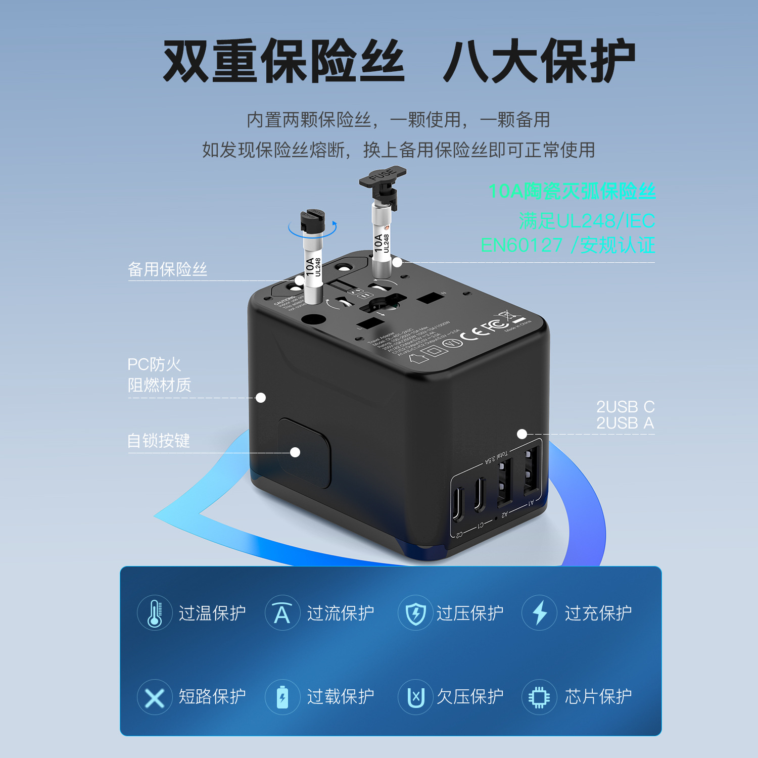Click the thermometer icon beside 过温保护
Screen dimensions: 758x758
click(x=155, y=612)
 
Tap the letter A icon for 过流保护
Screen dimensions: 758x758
click(x=282, y=613)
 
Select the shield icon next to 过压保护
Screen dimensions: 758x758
click(x=415, y=613)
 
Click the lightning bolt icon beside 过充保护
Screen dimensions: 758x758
click(x=539, y=612)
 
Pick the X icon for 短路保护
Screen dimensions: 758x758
click(x=155, y=697)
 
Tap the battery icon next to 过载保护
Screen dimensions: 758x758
click(x=282, y=697)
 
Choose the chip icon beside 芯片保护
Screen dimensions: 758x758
click(x=539, y=697)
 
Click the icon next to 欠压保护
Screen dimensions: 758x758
click(x=415, y=697)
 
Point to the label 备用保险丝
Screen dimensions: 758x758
click(x=167, y=269)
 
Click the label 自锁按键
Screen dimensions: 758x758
click(x=158, y=441)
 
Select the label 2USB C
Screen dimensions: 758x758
click(x=625, y=407)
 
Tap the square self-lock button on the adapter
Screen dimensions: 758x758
click(x=304, y=453)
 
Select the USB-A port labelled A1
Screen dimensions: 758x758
click(x=530, y=470)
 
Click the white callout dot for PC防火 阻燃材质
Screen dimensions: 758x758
click(x=261, y=398)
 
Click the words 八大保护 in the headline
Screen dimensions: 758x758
click(x=539, y=61)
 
